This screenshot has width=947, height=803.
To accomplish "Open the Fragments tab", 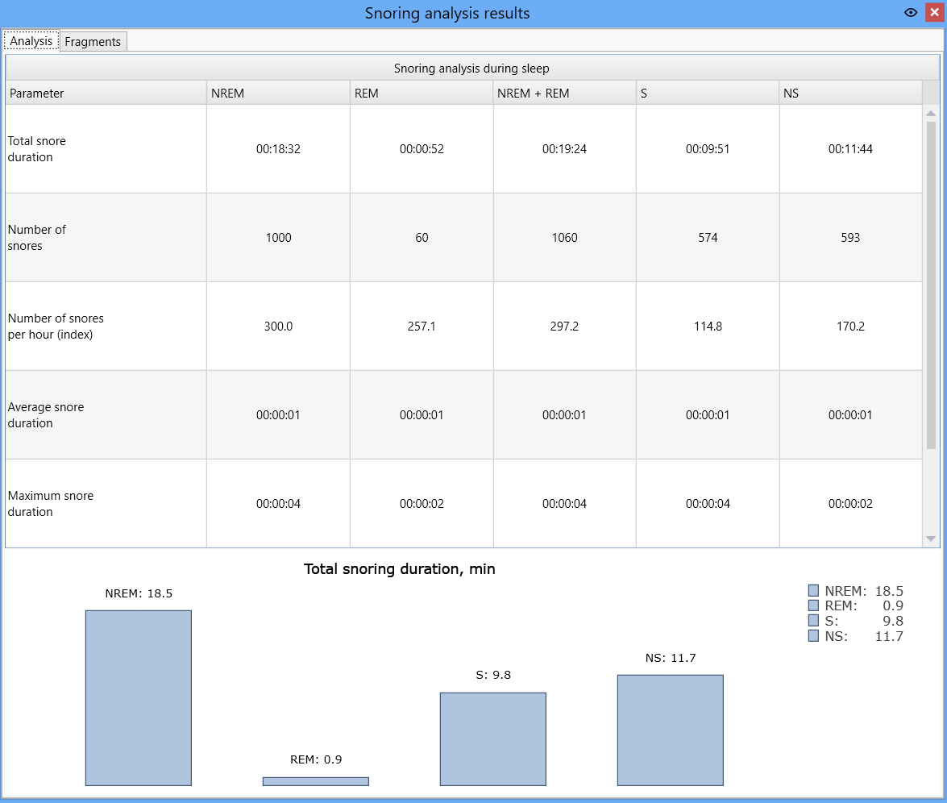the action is pos(93,42).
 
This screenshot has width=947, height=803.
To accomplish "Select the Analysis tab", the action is pos(31,41).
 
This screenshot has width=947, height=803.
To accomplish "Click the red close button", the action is pos(934,13).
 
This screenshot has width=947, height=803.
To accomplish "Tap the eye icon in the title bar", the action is pos(911,13).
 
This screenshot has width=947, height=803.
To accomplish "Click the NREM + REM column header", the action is pos(534,93).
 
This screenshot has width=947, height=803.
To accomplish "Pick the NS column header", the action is pos(791,93).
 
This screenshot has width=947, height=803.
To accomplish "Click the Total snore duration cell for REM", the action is pos(422,149).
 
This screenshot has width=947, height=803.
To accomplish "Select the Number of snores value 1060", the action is pos(565,238).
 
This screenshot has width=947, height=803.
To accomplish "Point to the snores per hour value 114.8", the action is pos(708,327).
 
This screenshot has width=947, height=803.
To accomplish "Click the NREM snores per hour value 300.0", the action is pos(278,327).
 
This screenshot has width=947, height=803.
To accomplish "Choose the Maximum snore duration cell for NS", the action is pos(850,504).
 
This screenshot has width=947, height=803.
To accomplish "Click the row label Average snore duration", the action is pos(46,415).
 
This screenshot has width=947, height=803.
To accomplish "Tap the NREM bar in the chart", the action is pos(139,698).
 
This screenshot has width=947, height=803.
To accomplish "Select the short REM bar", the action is pos(316,781).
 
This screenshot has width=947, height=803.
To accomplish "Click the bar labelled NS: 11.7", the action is pos(671,730).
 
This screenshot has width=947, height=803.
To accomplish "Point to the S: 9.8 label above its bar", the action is pos(493,675).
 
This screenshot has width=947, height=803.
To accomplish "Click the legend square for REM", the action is pos(813,605).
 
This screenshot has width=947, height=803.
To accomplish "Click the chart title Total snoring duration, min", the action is pos(399,569).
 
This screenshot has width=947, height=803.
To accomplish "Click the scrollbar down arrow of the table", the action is pos(931,539).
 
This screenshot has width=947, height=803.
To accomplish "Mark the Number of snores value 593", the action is pos(850,238).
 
